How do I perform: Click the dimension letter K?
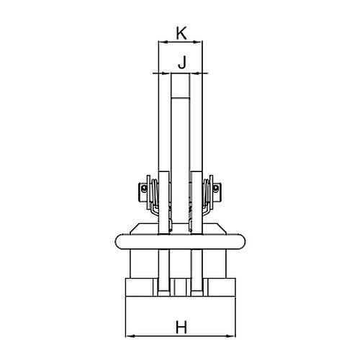pos(181,33)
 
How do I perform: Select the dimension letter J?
pos(182,63)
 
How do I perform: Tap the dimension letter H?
pos(181,327)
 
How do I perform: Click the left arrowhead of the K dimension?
pos(163,42)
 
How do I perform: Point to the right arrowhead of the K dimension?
pos(198,42)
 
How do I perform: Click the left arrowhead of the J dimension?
pos(167,73)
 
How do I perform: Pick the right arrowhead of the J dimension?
pos(194,73)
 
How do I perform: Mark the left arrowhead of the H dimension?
pos(130,336)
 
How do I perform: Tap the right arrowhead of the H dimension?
pos(231,336)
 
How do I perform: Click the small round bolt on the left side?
pos(144,188)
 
